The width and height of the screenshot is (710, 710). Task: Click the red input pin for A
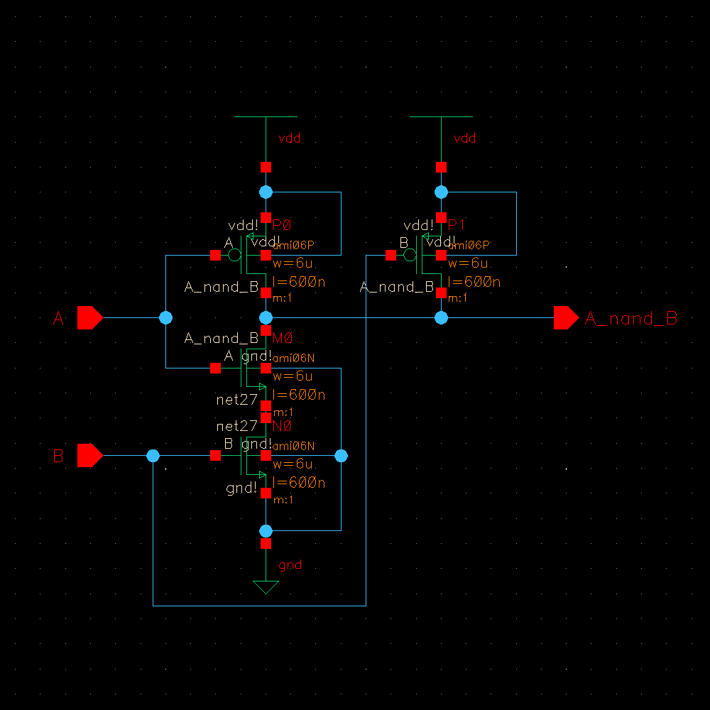[x=89, y=318]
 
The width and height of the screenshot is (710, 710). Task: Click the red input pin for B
[x=89, y=455]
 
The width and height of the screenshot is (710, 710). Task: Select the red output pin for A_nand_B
[x=566, y=318]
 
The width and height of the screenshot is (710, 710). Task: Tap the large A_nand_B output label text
[x=630, y=319]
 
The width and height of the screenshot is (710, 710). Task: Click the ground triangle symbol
[x=266, y=587]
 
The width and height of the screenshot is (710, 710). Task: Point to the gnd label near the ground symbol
[x=290, y=565]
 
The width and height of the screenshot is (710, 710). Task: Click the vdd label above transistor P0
[x=288, y=138]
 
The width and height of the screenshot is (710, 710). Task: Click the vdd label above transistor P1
[x=464, y=138]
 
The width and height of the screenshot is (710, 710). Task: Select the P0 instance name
[x=282, y=225]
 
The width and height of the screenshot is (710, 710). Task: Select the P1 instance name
[x=457, y=225]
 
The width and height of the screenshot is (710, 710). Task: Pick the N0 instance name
[x=282, y=426]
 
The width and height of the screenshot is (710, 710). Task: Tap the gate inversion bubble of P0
[x=235, y=255]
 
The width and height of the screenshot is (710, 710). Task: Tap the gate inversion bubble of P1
[x=410, y=255]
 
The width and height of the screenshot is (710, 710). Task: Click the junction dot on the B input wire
[x=153, y=456]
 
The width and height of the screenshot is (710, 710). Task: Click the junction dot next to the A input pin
[x=166, y=317]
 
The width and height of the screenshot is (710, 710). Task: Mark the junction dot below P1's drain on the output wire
[x=442, y=317]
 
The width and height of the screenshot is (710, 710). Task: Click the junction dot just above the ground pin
[x=266, y=530]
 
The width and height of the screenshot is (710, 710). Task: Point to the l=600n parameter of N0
[x=299, y=483]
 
